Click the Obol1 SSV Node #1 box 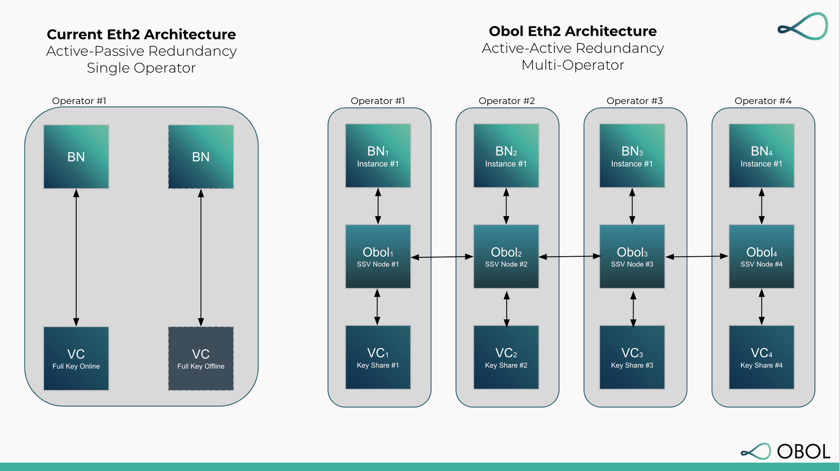(x=377, y=256)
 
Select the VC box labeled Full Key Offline (x=201, y=359)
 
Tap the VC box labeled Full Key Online (x=76, y=359)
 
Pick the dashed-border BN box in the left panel (x=201, y=156)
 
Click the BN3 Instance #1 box (x=632, y=155)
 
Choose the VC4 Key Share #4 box (x=761, y=357)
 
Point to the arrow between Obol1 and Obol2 (x=442, y=257)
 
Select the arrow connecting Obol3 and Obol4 (x=697, y=256)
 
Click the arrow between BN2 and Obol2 (x=506, y=206)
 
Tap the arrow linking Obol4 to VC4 (x=761, y=307)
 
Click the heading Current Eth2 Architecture (x=141, y=35)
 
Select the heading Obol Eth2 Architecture (x=572, y=32)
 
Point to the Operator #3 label (x=634, y=101)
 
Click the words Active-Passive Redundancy (x=141, y=51)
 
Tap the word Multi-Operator (x=572, y=65)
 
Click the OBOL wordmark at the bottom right (x=803, y=452)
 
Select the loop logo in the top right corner (x=803, y=26)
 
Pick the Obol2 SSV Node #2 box (x=506, y=256)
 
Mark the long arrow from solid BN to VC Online (x=76, y=257)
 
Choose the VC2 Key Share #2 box (x=506, y=357)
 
